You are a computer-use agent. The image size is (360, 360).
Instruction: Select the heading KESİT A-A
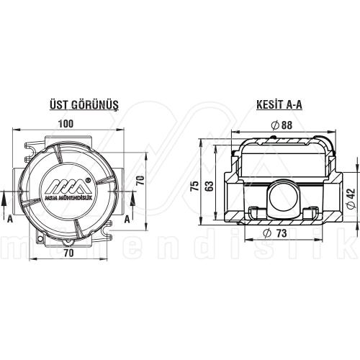(279, 104)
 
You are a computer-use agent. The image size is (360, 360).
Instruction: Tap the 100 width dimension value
(66, 124)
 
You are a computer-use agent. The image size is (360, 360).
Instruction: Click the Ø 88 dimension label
(282, 125)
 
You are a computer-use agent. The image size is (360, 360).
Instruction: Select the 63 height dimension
(210, 186)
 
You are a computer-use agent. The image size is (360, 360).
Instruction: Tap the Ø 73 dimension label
(276, 234)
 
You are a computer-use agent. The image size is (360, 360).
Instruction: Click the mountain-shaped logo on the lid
(66, 184)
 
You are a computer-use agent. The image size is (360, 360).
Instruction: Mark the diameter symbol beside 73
(267, 234)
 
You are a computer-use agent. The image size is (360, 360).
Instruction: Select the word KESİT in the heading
(269, 104)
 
